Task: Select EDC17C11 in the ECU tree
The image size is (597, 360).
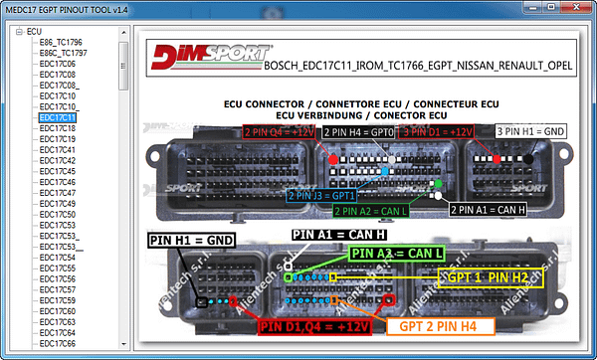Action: pyautogui.click(x=58, y=117)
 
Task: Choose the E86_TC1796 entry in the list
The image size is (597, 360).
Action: pyautogui.click(x=61, y=43)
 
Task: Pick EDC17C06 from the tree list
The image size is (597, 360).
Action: pyautogui.click(x=58, y=64)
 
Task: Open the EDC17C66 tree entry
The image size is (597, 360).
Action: pyautogui.click(x=58, y=343)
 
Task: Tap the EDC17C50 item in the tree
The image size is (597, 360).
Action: pyautogui.click(x=58, y=214)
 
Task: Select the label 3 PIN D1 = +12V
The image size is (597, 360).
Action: pyautogui.click(x=438, y=131)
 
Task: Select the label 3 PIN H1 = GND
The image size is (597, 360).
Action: pyautogui.click(x=531, y=131)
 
